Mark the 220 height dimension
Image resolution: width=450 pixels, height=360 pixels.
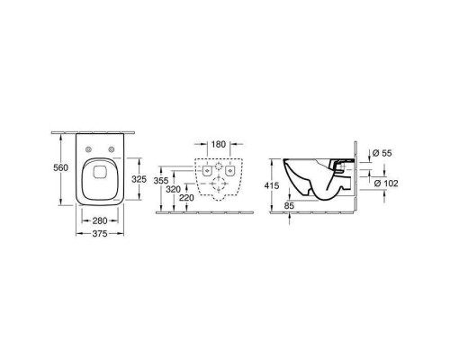point(186,199)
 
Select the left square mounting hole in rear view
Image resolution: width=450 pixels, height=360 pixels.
point(207,168)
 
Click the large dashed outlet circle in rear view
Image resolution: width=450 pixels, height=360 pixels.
point(220,186)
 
